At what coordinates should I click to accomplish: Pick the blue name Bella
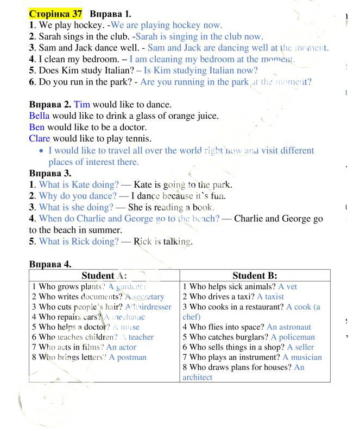click(39, 116)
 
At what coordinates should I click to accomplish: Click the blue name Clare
click(40, 139)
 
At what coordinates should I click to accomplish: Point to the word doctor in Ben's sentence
click(132, 127)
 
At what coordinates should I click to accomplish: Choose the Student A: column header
click(104, 276)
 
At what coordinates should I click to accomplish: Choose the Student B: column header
click(255, 276)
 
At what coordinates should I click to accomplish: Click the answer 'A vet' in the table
click(288, 286)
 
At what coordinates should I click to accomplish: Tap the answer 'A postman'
click(128, 357)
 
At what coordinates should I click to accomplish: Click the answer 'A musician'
click(302, 357)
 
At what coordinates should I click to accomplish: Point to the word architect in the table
click(198, 377)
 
